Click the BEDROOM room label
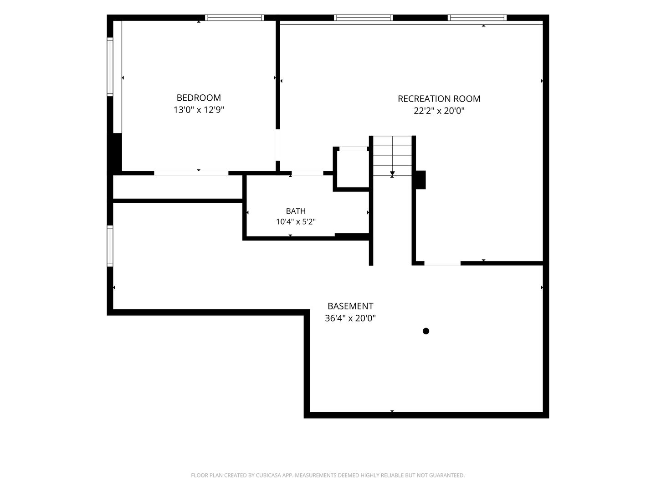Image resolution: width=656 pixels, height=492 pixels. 199,97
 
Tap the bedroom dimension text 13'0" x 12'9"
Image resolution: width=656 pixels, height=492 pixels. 199,110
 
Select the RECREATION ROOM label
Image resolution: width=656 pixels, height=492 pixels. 439,98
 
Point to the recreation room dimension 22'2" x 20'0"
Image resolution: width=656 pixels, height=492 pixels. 439,111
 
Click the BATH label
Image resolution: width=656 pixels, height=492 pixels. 296,211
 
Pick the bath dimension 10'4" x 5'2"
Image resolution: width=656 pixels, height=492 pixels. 296,222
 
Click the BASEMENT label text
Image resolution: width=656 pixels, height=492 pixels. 350,306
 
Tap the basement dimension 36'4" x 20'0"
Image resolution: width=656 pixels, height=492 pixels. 350,318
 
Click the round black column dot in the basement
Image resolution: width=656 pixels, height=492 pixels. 426,331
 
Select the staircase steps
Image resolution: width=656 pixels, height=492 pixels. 392,156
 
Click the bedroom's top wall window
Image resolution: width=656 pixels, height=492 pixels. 235,18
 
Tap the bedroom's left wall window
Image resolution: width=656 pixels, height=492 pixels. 110,67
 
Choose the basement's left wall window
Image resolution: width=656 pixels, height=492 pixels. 110,246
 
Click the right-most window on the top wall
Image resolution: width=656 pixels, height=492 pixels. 477,18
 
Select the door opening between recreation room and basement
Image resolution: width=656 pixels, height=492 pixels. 442,263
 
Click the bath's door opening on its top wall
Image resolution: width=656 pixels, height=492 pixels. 307,173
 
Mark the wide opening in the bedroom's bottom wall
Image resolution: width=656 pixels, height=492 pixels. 191,173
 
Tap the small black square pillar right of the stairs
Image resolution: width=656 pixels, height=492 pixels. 421,180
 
